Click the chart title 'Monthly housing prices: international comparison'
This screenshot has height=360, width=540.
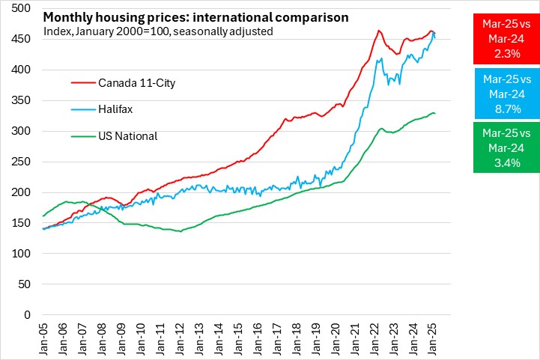coord(195,16)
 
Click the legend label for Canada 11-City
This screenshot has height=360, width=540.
coord(136,82)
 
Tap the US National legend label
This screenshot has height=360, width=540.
coord(127,136)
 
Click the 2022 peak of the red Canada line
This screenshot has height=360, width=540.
coord(379,31)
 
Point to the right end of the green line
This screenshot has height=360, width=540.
coord(435,114)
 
